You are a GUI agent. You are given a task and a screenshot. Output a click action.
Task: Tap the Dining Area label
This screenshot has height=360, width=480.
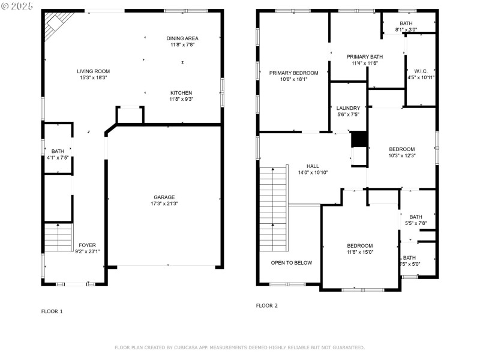point(182,38)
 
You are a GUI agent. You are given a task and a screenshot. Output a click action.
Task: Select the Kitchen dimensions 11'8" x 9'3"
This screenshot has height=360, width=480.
point(181,100)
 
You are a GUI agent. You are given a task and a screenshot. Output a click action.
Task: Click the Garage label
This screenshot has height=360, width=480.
point(164,197)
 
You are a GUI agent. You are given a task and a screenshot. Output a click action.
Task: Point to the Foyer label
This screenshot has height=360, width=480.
point(87,245)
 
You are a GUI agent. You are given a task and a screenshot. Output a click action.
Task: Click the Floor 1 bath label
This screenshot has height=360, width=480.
point(58,151)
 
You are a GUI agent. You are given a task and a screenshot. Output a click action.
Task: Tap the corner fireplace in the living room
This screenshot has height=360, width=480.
point(55,22)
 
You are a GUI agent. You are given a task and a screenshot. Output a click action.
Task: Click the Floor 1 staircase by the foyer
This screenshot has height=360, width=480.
point(58,237)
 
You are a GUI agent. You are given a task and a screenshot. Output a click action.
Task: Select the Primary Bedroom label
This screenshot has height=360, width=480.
point(293,73)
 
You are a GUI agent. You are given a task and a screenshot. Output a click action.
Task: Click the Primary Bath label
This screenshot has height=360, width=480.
point(364,57)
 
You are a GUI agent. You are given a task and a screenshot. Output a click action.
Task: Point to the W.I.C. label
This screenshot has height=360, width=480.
point(416,71)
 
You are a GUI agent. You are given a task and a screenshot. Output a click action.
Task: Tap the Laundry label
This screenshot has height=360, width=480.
point(348,109)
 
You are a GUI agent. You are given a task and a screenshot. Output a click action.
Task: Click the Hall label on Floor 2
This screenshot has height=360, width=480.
point(313,166)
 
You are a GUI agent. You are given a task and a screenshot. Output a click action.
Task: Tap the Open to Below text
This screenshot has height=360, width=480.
point(291,263)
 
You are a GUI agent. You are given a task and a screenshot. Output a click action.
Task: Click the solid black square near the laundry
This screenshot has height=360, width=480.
point(358,139)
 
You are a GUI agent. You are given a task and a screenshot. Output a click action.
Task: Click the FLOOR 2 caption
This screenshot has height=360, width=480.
point(266,305)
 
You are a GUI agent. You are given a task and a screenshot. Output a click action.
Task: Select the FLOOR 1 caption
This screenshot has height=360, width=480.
point(52,311)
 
